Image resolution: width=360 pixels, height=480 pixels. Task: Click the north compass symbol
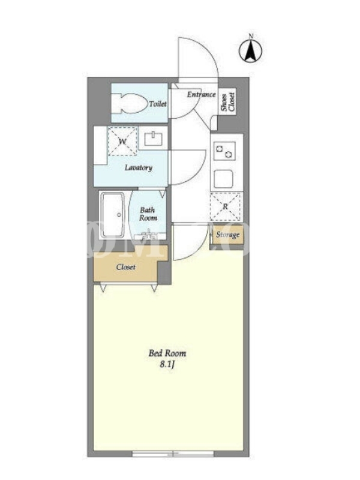pos(250,51)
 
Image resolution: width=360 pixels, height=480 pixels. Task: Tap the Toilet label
pos(158,104)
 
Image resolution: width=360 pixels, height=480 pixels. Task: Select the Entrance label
pos(201,94)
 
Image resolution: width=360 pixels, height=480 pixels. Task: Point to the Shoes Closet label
pos(228,102)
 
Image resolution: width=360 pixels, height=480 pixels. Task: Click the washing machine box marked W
pos(122,142)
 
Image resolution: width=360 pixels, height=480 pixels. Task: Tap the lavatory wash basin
pos(154,139)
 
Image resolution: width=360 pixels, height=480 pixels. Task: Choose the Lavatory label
pos(139,168)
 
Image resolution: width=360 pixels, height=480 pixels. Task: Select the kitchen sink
pos(223,179)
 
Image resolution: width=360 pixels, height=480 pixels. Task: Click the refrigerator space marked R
pos(226,206)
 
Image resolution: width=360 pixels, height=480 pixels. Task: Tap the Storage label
pos(227,235)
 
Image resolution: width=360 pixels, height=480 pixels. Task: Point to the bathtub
pos(113,215)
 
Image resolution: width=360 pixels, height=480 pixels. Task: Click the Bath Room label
pos(148,214)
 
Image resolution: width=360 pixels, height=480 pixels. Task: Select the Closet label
pos(126,267)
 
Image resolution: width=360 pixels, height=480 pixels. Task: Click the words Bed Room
pos(167,353)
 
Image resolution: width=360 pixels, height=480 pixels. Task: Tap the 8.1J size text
pos(167,365)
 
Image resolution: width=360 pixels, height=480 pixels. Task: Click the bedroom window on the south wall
pos(173,454)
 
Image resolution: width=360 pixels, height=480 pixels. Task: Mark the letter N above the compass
pos(251,35)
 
